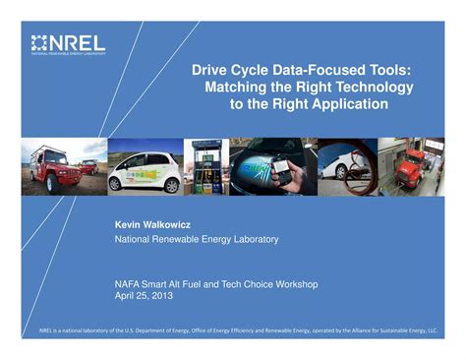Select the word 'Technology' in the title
[x=374, y=87]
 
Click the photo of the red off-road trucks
[x=62, y=166]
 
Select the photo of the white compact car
[x=146, y=166]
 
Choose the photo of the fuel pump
[x=206, y=166]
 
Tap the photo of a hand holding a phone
[x=274, y=166]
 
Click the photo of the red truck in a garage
[x=412, y=166]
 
